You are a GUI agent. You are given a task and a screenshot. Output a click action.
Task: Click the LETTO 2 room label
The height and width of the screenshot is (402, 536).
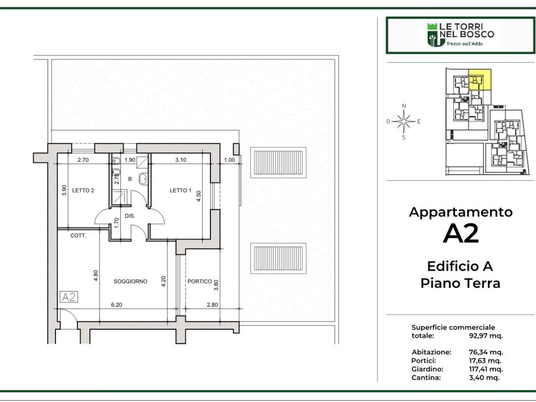click(83, 191)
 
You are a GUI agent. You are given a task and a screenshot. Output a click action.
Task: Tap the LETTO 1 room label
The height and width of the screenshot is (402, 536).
click(181, 191)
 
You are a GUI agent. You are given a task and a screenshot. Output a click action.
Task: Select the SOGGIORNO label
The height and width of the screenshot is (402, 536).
click(130, 281)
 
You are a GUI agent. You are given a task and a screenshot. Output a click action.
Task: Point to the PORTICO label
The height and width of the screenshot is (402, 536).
click(199, 281)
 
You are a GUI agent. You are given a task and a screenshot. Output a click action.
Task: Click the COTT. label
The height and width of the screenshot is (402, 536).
click(79, 236)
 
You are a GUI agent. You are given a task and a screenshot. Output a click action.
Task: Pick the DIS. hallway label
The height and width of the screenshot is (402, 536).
click(130, 216)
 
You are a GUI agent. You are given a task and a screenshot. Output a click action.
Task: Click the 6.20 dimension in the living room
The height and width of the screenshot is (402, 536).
click(117, 305)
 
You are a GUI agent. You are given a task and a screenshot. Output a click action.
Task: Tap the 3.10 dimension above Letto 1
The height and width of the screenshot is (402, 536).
click(181, 160)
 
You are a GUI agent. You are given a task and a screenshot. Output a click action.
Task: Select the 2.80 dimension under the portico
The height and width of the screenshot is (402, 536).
click(213, 305)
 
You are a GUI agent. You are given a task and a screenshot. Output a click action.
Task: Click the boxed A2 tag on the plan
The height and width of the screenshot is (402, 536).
click(69, 297)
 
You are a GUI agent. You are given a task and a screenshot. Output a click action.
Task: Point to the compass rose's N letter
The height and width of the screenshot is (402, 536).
click(404, 106)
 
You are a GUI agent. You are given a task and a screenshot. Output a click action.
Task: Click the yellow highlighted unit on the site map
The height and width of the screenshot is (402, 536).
click(480, 80)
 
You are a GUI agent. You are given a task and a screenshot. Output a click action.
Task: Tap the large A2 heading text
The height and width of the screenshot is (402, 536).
click(461, 234)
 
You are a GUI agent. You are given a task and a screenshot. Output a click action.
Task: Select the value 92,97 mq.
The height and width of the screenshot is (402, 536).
click(486, 336)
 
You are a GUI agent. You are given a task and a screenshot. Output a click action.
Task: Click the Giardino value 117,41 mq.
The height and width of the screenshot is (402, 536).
click(486, 369)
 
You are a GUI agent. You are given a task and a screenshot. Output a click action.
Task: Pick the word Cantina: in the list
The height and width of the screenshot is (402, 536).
click(426, 378)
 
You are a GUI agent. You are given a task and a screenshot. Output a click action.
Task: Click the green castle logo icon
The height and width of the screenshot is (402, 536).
click(432, 35)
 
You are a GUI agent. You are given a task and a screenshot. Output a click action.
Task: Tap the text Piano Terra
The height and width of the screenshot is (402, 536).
click(461, 283)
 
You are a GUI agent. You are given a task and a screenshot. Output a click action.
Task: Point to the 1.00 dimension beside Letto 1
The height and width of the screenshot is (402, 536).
click(229, 160)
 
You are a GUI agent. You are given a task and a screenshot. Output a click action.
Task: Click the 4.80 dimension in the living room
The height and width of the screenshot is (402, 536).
click(96, 275)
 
